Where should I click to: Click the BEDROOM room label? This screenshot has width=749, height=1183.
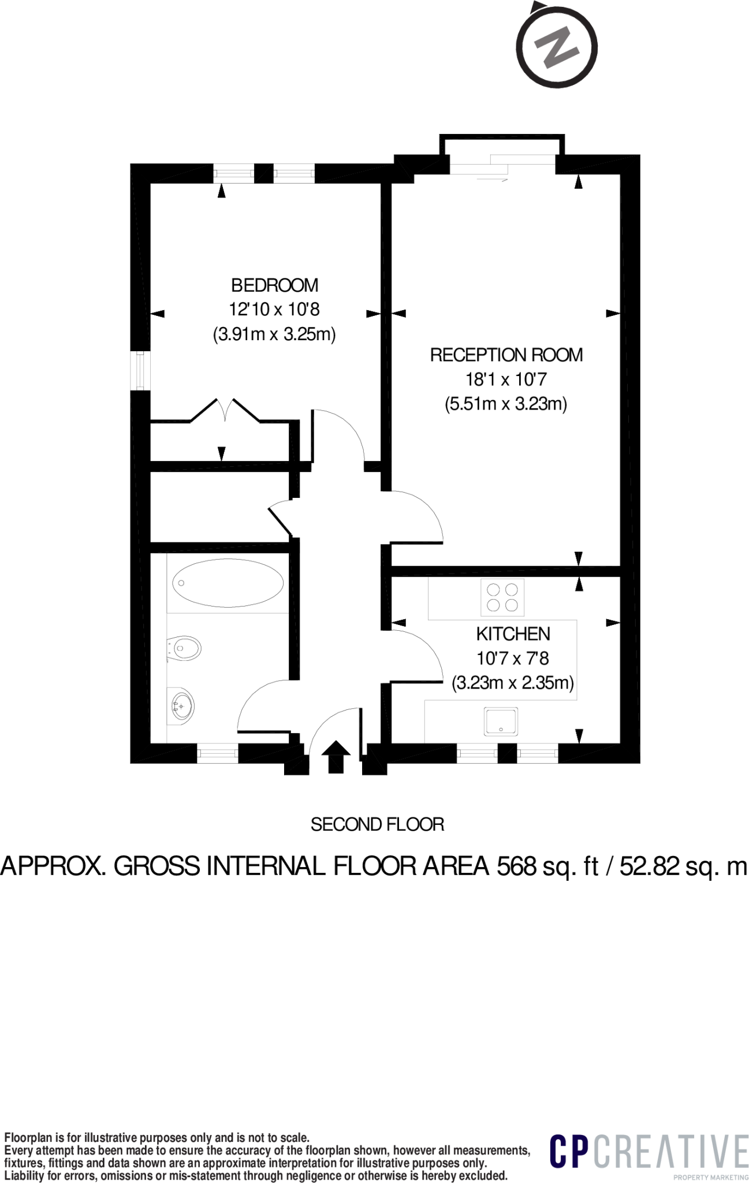click(274, 285)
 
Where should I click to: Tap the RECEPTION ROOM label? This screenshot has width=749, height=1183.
click(506, 355)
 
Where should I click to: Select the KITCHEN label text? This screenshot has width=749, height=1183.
click(513, 634)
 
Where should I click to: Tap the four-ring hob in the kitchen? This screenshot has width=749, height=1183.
click(502, 597)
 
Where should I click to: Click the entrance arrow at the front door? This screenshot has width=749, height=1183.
click(336, 757)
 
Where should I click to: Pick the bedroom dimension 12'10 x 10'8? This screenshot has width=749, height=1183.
click(274, 310)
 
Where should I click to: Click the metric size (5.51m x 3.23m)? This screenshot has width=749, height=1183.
click(506, 403)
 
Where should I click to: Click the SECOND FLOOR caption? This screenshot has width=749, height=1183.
click(378, 824)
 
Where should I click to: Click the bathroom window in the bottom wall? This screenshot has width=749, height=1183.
click(218, 753)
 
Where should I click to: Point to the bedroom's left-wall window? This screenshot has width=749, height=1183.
click(140, 371)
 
